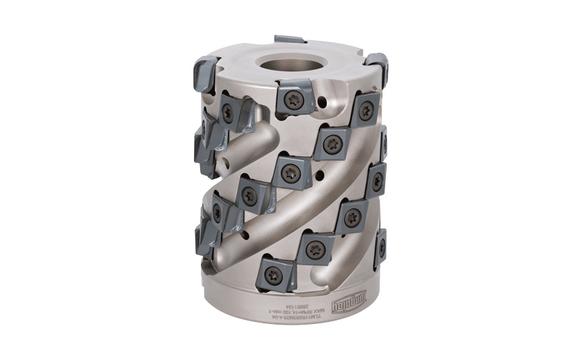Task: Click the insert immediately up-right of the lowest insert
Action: point(315,245)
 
